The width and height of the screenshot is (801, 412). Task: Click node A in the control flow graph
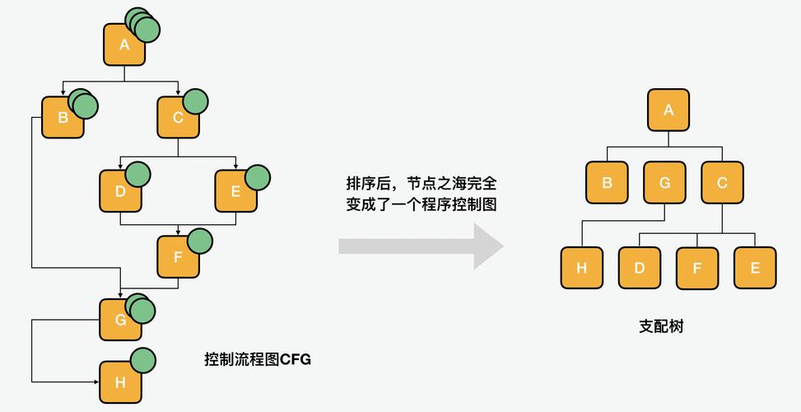click(123, 45)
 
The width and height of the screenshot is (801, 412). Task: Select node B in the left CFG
click(63, 118)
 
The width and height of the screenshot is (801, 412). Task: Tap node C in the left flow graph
click(178, 118)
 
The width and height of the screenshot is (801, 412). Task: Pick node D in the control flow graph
click(120, 192)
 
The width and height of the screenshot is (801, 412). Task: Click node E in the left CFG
click(235, 192)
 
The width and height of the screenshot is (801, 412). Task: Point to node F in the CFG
click(178, 256)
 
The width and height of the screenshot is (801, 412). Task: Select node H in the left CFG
click(120, 382)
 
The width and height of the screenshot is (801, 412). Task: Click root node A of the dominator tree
click(668, 110)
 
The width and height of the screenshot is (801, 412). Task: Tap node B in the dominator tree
click(607, 183)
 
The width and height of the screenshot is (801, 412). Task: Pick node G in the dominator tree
click(664, 183)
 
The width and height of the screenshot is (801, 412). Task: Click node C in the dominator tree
click(722, 183)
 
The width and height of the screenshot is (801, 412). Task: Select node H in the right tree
click(581, 268)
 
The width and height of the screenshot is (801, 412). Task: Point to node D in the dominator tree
click(639, 268)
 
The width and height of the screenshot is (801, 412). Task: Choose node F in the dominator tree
click(696, 268)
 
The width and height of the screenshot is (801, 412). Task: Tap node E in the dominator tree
click(754, 268)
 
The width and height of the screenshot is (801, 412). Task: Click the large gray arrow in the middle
click(420, 246)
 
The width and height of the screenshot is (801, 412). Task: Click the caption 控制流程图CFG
click(258, 359)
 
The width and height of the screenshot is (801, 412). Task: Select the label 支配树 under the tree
click(661, 326)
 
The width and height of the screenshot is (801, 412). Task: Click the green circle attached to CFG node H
click(143, 360)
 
